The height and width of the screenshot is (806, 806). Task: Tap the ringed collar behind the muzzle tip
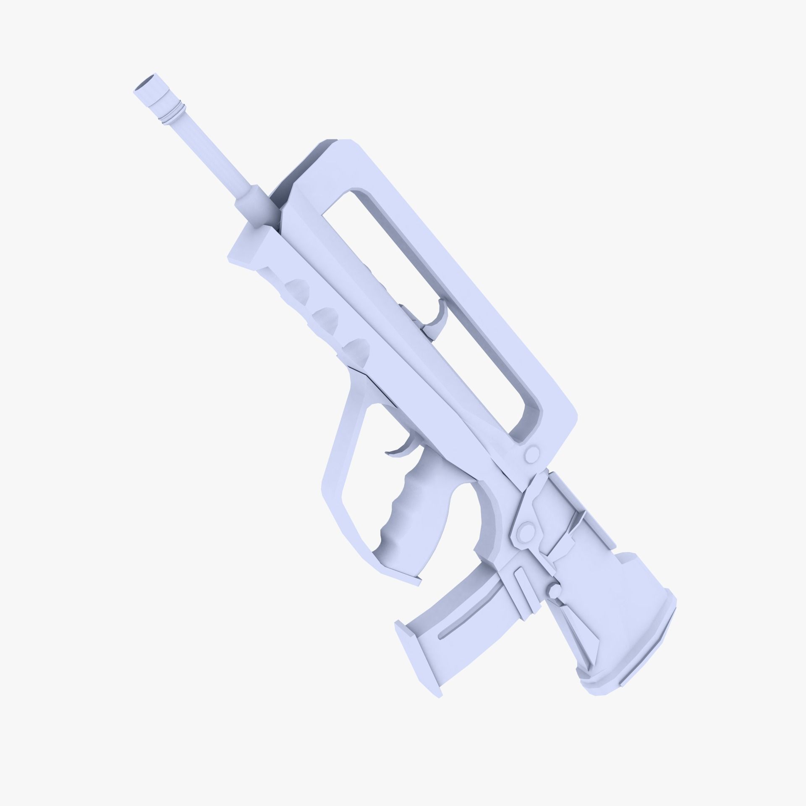174,114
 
